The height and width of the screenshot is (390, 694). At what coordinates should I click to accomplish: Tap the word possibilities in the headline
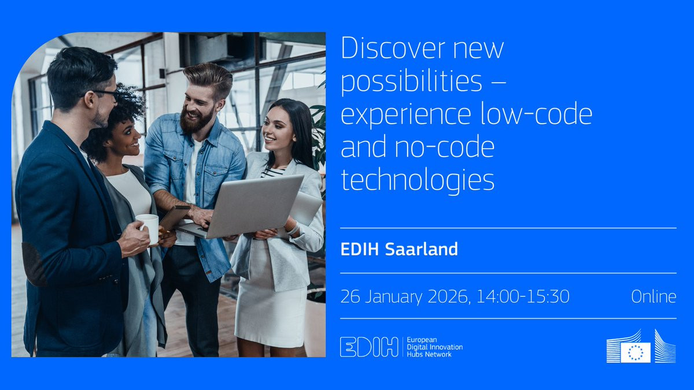click(x=411, y=81)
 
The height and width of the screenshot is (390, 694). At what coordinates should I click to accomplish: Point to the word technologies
click(x=418, y=180)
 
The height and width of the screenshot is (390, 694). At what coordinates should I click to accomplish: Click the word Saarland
click(x=422, y=249)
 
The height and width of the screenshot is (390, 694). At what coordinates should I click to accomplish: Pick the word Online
click(x=654, y=296)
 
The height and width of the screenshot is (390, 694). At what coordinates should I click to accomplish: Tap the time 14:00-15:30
click(x=523, y=296)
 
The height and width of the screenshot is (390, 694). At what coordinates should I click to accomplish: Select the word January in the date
click(x=393, y=297)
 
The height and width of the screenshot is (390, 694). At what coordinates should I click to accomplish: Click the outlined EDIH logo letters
click(x=369, y=347)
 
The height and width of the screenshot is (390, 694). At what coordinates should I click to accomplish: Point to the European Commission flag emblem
click(x=636, y=352)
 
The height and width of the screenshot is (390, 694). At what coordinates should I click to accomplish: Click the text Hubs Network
click(x=429, y=354)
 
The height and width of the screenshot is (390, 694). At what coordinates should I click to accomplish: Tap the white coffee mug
click(x=148, y=228)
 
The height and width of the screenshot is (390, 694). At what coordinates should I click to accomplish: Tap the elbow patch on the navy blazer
click(x=34, y=263)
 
